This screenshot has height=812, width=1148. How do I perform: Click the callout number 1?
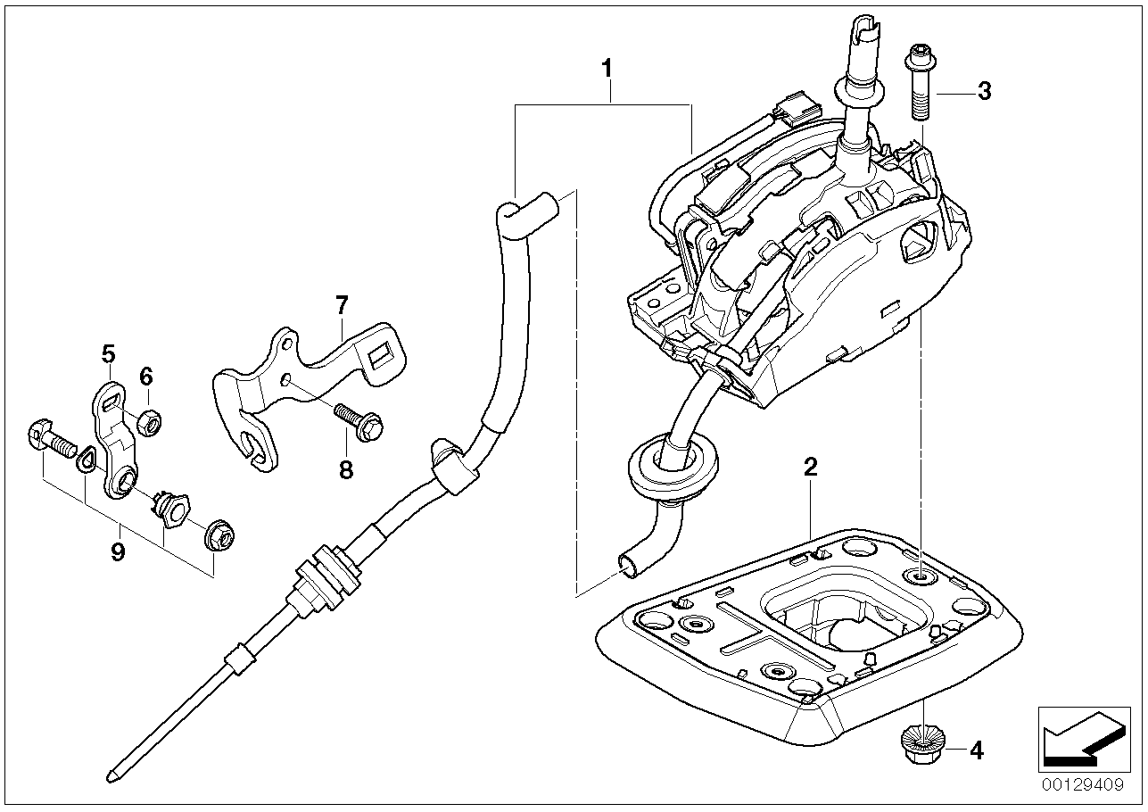(607, 67)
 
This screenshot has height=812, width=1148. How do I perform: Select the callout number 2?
(810, 466)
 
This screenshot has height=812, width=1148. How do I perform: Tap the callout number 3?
(983, 91)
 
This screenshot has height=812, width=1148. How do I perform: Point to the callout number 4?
(976, 750)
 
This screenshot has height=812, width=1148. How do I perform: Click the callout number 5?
(108, 354)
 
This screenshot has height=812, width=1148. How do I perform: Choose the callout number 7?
(341, 306)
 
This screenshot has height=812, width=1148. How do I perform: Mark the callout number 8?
(346, 469)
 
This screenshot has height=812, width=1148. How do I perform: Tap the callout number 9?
(117, 552)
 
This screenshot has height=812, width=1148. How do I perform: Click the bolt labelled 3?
(921, 88)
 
